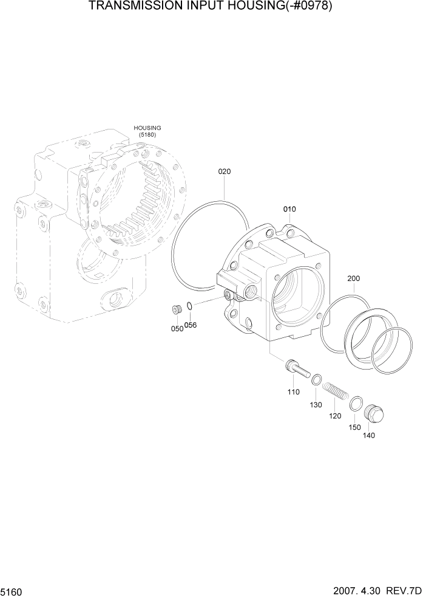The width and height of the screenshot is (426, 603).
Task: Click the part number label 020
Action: (224, 171)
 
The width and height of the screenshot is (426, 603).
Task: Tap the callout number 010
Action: (289, 209)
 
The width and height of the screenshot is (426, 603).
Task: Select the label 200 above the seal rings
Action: (354, 278)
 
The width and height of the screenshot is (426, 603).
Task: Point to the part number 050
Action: (177, 328)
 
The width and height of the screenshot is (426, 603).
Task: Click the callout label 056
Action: (191, 325)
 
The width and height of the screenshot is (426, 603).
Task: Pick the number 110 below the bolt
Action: (294, 392)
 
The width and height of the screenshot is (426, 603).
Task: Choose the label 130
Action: (316, 405)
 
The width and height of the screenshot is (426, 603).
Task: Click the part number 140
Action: (369, 435)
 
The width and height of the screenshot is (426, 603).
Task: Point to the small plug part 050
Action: (177, 311)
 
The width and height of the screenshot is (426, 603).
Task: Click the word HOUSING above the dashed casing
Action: (147, 128)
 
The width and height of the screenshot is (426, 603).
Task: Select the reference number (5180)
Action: (147, 135)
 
